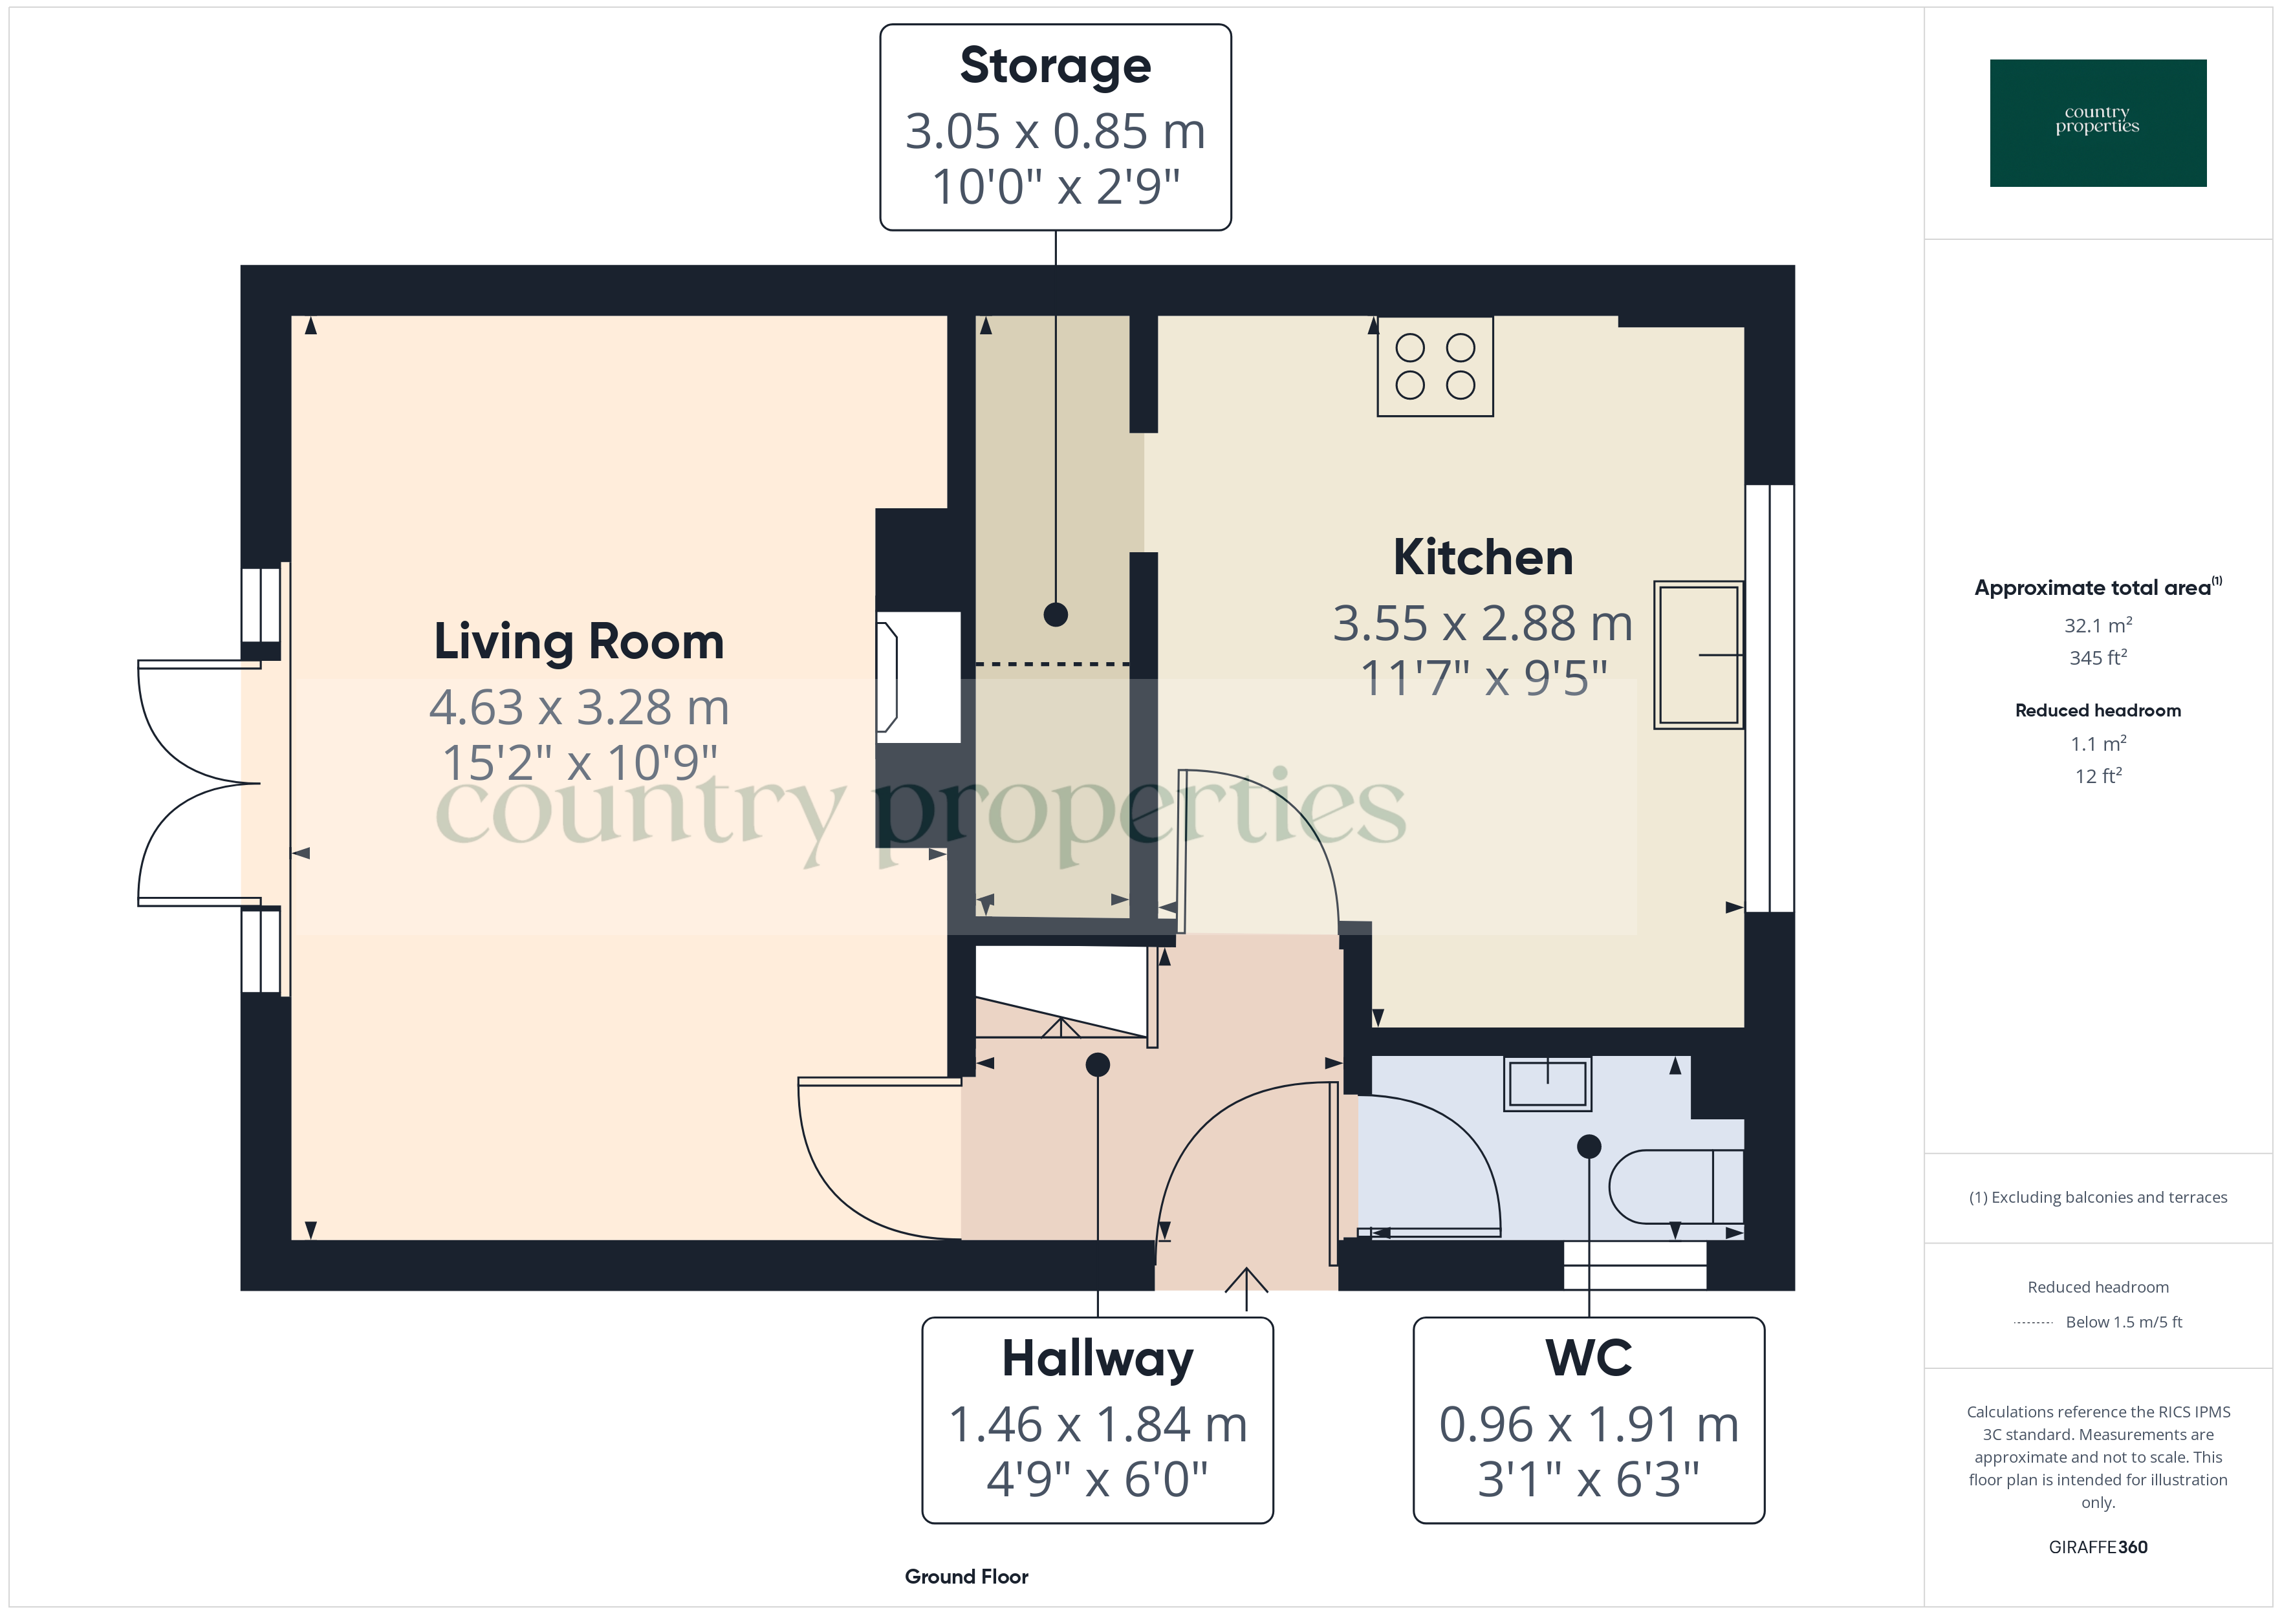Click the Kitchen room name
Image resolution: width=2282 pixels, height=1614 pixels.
click(x=1483, y=557)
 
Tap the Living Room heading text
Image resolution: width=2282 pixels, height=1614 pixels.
click(x=578, y=642)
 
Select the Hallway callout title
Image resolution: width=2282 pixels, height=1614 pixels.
click(x=1097, y=1359)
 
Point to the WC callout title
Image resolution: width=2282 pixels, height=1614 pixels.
click(x=1588, y=1359)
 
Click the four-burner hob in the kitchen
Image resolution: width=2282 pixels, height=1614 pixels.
click(x=1434, y=367)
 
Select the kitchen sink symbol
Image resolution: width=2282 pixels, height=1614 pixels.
click(x=1699, y=655)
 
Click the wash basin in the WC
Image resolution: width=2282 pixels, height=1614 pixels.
click(x=1547, y=1083)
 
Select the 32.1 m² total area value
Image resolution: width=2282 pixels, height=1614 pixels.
click(x=2097, y=625)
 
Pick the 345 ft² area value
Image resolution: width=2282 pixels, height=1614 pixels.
click(x=2097, y=658)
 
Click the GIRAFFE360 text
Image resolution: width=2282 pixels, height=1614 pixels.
click(x=2097, y=1547)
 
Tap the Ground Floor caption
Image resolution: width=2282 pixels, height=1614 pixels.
click(x=966, y=1576)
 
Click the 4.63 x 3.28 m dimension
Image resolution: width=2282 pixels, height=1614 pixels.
click(x=578, y=707)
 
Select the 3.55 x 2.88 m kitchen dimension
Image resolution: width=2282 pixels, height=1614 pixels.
click(x=1483, y=624)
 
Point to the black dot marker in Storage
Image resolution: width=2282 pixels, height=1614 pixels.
click(x=1056, y=614)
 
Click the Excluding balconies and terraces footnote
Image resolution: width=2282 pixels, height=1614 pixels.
click(x=2097, y=1198)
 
